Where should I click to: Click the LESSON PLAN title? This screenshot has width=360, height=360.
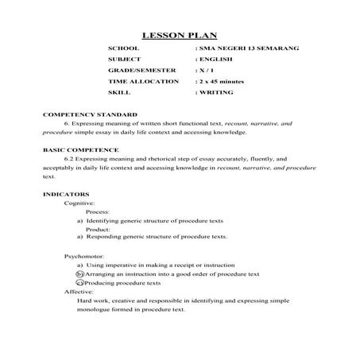[x=179, y=35]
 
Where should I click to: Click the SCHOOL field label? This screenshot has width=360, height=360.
[x=122, y=48]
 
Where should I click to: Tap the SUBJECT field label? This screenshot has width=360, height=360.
[x=124, y=60]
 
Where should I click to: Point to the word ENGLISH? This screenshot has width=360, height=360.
[x=218, y=60]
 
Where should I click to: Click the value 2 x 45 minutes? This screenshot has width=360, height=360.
[x=223, y=82]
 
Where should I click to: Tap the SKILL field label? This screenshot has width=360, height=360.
[x=118, y=93]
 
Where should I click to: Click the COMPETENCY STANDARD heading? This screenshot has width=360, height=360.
[x=84, y=115]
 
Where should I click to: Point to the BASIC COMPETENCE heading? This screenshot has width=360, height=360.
[x=80, y=149]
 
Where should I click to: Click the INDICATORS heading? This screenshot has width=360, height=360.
[x=62, y=193]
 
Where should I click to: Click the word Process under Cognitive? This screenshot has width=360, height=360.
[x=99, y=212]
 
